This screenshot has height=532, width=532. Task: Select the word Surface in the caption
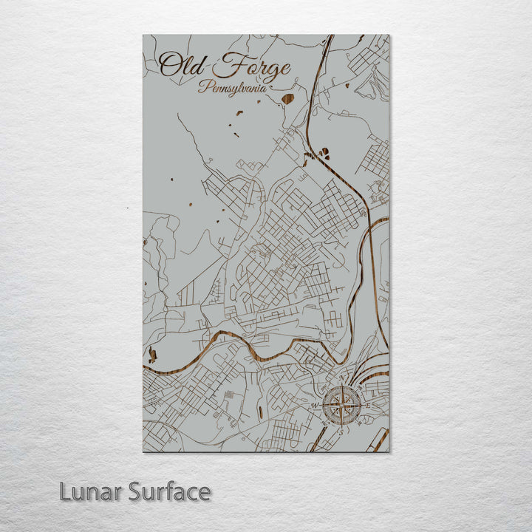(169, 491)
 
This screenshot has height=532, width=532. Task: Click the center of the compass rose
(343, 404)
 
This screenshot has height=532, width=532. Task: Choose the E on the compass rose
(368, 405)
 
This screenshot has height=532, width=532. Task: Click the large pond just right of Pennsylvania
(287, 98)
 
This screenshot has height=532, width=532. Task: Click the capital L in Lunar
(66, 491)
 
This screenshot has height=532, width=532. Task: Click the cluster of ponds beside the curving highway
(323, 153)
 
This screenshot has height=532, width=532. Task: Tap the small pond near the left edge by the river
(152, 355)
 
